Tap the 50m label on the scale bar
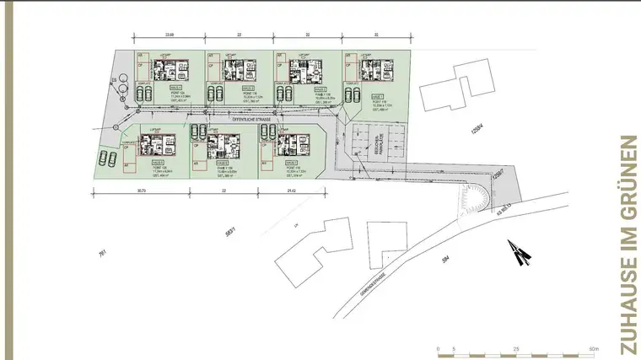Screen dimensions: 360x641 [x=594, y=348]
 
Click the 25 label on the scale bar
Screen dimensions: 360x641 [x=515, y=348]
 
